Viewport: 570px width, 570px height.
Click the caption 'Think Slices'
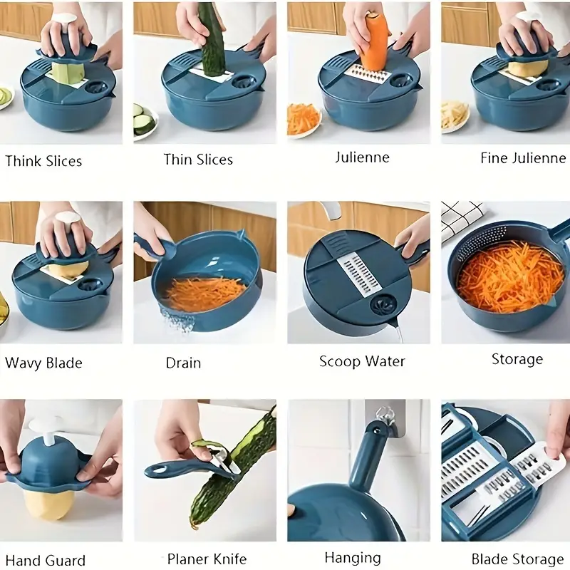pos(43,161)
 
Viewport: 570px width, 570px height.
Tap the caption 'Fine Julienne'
pos(523,158)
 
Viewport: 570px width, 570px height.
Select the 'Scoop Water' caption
pos(362,361)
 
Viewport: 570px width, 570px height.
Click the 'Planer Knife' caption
pos(207,559)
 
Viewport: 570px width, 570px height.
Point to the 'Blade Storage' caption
pos(517,559)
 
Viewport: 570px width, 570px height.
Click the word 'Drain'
pos(183,363)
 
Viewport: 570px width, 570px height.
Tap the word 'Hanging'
pos(353,558)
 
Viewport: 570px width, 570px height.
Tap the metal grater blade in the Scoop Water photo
pos(360,276)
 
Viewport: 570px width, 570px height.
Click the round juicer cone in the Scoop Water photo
pos(384,304)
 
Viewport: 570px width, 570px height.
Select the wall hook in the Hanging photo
pos(386,418)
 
